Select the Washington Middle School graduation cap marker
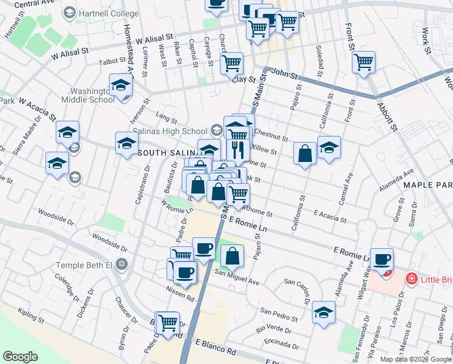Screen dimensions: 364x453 tap(121, 85)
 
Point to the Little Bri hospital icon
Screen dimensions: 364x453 tap(412, 279)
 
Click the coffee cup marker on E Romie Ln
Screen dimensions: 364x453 tap(382, 259)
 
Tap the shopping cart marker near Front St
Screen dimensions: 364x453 tap(363, 62)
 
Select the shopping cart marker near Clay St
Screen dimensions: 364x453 tap(231, 62)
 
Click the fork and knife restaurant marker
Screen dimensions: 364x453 tap(238, 149)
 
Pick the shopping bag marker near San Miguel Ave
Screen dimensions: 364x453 tap(232, 256)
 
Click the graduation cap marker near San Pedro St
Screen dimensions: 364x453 tap(324, 312)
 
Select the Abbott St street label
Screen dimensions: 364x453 tap(386, 116)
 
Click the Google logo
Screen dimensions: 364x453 tap(21, 357)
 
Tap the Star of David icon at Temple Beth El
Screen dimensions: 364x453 tap(121, 265)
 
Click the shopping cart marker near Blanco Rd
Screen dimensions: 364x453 tap(167, 322)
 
